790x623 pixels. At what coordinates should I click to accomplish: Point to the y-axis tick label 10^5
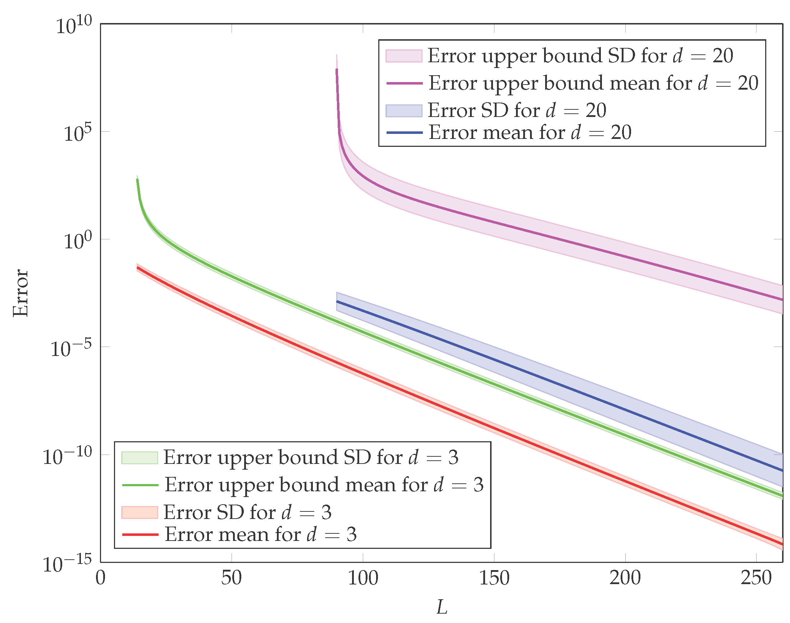click(x=78, y=133)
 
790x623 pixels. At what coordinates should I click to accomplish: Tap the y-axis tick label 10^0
click(x=78, y=241)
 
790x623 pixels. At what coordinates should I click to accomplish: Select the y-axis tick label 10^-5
click(x=71, y=349)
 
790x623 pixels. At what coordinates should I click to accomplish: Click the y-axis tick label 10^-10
click(x=67, y=456)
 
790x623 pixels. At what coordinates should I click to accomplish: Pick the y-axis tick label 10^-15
click(x=67, y=564)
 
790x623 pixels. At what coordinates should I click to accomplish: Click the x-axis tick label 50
click(x=231, y=578)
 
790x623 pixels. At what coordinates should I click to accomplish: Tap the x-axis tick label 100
click(x=363, y=578)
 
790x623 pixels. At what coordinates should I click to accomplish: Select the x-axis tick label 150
click(x=494, y=578)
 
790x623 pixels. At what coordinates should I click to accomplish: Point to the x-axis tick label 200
click(x=625, y=578)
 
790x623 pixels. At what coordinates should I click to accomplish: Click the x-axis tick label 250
click(x=757, y=578)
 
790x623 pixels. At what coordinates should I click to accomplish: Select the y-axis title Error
click(x=20, y=293)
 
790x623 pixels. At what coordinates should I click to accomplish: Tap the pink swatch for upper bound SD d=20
click(x=404, y=56)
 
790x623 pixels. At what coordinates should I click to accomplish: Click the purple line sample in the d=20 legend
click(x=405, y=83)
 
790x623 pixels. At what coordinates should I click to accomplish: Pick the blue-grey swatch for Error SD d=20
click(x=404, y=110)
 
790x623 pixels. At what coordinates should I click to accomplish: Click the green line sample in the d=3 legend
click(x=140, y=485)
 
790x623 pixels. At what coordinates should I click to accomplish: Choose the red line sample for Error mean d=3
click(x=140, y=535)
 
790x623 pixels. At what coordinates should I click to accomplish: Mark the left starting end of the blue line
click(x=337, y=301)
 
